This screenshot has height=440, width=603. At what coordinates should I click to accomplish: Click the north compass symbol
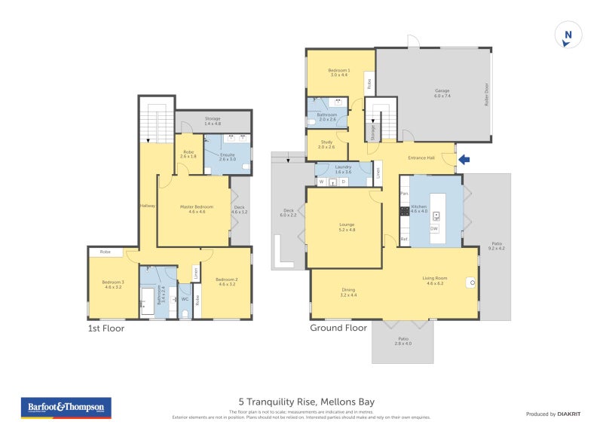click(568, 35)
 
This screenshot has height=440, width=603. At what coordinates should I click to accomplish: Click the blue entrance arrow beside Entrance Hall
click(464, 159)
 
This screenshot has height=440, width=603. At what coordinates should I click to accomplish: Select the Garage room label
click(441, 93)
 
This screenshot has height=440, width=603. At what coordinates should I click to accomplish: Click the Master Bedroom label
click(196, 209)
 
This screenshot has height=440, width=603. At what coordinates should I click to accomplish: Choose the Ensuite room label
click(228, 157)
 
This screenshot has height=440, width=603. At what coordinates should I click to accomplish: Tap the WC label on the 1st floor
click(185, 298)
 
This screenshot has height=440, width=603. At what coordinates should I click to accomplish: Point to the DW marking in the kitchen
click(434, 228)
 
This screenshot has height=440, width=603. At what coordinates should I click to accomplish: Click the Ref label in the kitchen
click(404, 240)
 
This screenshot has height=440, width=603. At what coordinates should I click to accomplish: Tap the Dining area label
click(347, 292)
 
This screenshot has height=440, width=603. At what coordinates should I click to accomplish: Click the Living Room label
click(435, 281)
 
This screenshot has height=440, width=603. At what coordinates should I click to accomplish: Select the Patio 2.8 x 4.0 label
click(404, 341)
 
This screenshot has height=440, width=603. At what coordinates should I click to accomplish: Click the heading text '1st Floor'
click(106, 328)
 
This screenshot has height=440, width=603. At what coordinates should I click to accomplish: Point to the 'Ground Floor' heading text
click(338, 328)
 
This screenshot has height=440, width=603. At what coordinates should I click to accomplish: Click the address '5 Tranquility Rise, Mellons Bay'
click(306, 402)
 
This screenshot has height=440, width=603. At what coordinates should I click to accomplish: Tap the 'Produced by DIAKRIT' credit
click(557, 414)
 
